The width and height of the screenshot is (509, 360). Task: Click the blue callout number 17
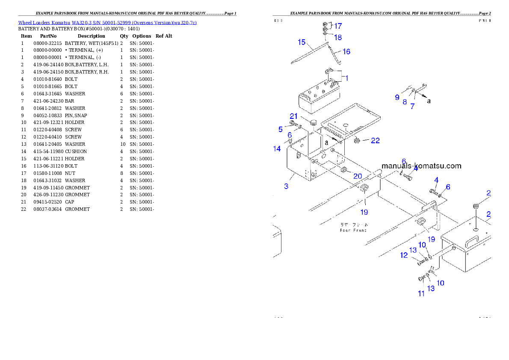point(337,26)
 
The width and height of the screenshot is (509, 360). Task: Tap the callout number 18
point(338,37)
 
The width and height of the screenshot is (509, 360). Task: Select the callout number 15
point(302,42)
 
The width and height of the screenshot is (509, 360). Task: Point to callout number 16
point(346,51)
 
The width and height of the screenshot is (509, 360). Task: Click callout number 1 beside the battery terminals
point(346,78)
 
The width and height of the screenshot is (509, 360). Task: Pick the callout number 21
point(293,116)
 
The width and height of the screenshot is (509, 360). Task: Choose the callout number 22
point(375,141)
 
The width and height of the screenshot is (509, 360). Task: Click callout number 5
point(281,129)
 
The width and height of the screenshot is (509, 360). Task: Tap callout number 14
point(277,149)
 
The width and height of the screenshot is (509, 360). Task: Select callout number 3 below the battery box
point(286,186)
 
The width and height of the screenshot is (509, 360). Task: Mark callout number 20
point(358,176)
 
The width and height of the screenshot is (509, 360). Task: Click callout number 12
point(404,255)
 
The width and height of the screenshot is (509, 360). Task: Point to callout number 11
point(421,293)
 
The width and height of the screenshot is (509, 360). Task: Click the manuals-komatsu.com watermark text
point(421,166)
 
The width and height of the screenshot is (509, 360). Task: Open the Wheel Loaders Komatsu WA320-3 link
point(107,23)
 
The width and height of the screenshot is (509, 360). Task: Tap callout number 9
point(397,97)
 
